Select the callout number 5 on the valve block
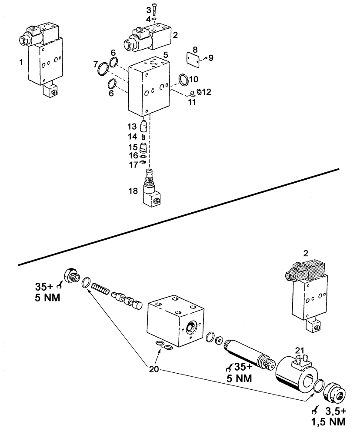point(165,56)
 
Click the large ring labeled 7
point(103,69)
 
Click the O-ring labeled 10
point(183,80)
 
